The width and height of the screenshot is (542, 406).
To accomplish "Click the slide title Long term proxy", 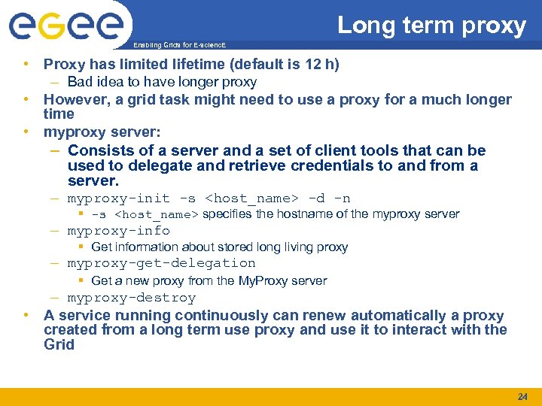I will (x=431, y=26).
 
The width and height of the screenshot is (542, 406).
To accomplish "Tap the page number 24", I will (x=522, y=396).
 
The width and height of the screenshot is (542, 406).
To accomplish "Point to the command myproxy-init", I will (x=118, y=198).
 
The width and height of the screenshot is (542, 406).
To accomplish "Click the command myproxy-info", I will (x=118, y=231).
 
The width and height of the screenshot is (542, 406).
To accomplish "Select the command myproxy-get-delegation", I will (x=161, y=263).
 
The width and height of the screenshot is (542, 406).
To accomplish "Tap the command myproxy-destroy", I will (x=131, y=298).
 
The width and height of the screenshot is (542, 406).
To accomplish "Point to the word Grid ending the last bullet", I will (x=59, y=344).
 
